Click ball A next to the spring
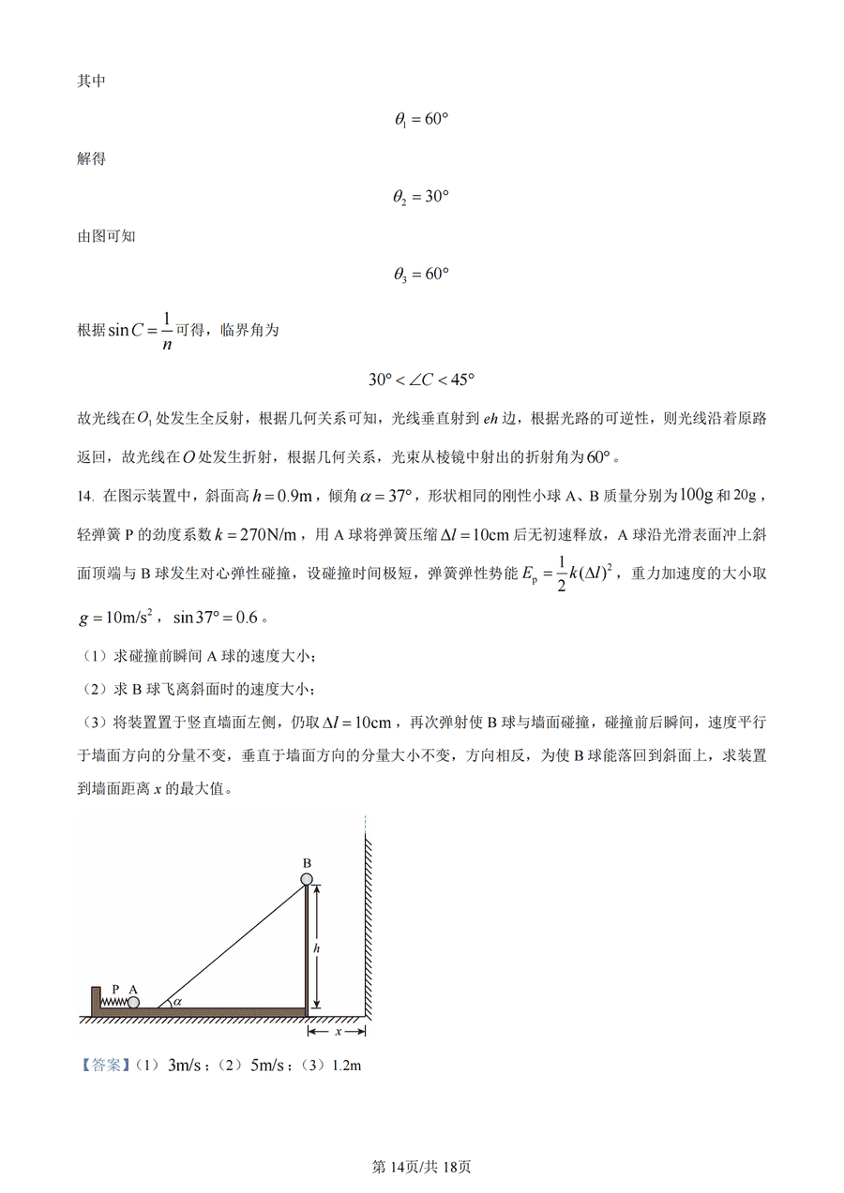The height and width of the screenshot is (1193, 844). pyautogui.click(x=133, y=1002)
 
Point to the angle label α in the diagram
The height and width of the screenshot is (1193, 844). pyautogui.click(x=176, y=1001)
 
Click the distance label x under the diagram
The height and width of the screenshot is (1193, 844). pyautogui.click(x=337, y=1032)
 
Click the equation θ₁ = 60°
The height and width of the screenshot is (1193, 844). pyautogui.click(x=421, y=120)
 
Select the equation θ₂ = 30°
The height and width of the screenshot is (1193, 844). pyautogui.click(x=421, y=197)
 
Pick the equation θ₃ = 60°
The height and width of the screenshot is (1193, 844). pyautogui.click(x=421, y=275)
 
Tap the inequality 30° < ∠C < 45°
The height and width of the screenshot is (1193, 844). pyautogui.click(x=421, y=380)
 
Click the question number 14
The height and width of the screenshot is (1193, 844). pyautogui.click(x=84, y=495)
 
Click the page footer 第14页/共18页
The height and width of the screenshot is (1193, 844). pyautogui.click(x=421, y=1167)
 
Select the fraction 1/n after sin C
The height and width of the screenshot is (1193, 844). pyautogui.click(x=166, y=330)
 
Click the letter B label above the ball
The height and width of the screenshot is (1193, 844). pyautogui.click(x=307, y=861)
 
